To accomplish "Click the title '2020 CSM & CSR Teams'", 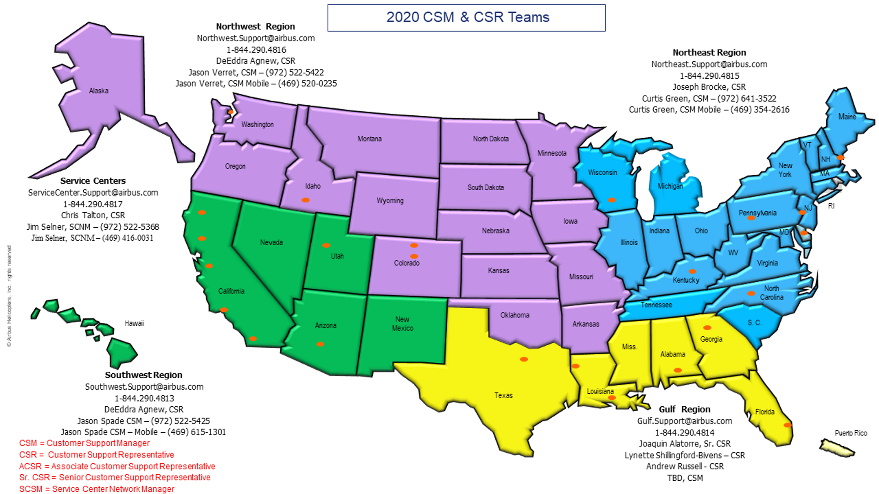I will coord(467,17).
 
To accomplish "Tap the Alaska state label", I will coord(98,91).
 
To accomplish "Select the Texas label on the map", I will coord(503,395).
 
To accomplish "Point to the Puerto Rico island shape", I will coord(836,448).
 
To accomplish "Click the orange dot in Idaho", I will coord(305,200).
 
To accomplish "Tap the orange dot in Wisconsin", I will coord(612,200).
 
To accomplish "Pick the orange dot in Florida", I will coord(787,425).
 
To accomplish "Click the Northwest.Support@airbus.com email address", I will coord(255,38).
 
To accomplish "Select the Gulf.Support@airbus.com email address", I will coord(684,421).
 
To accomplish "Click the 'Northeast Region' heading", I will coord(709,53).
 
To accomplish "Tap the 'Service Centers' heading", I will coord(93,181).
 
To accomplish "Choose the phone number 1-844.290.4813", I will coord(144,398).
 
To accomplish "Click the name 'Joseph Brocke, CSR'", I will coord(709,87).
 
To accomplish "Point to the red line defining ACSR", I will coord(117,466).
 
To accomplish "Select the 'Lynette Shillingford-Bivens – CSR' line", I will coord(684,455).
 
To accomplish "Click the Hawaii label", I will coord(134,323).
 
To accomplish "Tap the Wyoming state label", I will coord(390,201).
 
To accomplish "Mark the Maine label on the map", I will coord(847,117).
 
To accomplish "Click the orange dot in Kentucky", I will coord(693,271).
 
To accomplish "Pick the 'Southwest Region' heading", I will coord(143,375).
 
